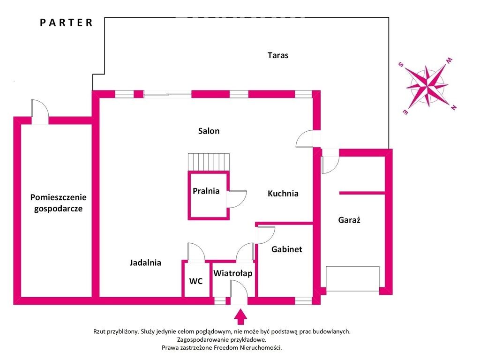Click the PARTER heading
66,22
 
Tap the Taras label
278,55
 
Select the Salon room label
209,131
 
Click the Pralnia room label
206,191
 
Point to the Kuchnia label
283,193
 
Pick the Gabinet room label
286,249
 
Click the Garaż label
349,219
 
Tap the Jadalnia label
145,263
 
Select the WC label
196,281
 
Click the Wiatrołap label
233,273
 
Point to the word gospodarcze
58,209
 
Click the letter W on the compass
449,60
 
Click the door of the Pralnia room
236,199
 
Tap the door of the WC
196,252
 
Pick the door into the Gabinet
265,234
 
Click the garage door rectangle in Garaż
353,278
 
